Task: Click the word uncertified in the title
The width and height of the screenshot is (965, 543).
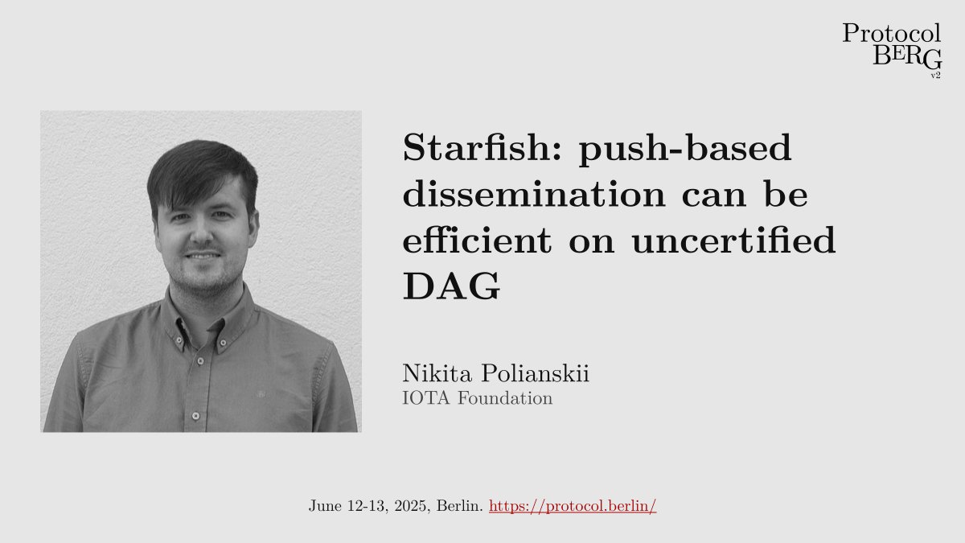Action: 733,241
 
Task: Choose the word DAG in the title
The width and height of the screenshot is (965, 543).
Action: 451,287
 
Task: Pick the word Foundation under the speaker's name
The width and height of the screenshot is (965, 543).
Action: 505,397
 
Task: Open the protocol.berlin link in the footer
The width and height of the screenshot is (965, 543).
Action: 573,507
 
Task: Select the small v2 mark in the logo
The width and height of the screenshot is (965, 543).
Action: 935,75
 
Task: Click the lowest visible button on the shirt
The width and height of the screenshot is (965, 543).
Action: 195,416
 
